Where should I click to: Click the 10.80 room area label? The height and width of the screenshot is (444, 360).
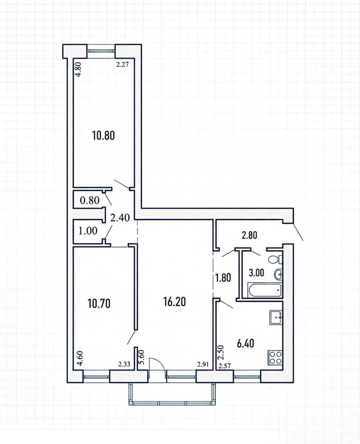[103, 136]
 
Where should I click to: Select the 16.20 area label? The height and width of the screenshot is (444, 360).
[174, 302]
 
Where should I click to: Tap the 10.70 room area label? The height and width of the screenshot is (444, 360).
[99, 303]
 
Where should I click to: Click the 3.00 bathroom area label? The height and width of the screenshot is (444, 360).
[257, 273]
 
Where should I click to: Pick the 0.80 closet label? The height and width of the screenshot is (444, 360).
[89, 201]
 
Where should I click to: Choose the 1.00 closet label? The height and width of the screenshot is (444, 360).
[88, 231]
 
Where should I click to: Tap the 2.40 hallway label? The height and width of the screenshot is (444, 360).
[120, 218]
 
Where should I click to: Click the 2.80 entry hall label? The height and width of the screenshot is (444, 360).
[249, 235]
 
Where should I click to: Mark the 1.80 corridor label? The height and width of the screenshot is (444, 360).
[223, 278]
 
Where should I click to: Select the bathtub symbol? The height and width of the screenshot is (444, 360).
[265, 290]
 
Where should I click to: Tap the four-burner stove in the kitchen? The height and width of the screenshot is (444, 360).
[275, 357]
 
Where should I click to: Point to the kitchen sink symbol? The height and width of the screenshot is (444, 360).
[276, 317]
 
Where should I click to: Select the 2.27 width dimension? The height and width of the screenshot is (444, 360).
[122, 65]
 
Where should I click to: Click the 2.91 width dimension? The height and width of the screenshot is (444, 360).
[203, 364]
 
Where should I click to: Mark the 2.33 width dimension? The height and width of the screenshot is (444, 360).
[124, 364]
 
